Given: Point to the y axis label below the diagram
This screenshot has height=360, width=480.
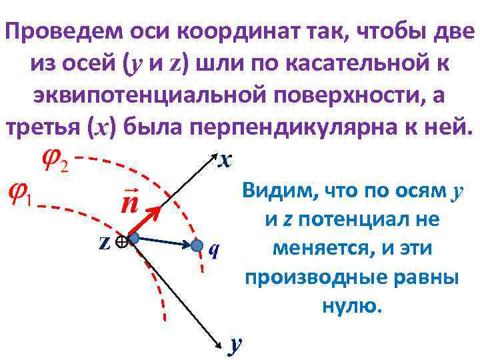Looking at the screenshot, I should (233, 345).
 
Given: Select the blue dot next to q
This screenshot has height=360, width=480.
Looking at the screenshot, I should (197, 246).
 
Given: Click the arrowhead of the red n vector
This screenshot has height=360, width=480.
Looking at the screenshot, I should (157, 212).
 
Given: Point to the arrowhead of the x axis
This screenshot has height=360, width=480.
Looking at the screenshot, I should (214, 158).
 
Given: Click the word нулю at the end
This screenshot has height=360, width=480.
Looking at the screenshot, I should (351, 306).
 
